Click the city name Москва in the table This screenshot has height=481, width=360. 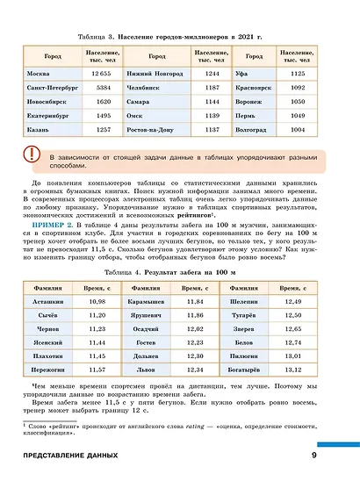point(39,73)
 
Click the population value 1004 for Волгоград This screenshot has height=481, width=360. point(297,129)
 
